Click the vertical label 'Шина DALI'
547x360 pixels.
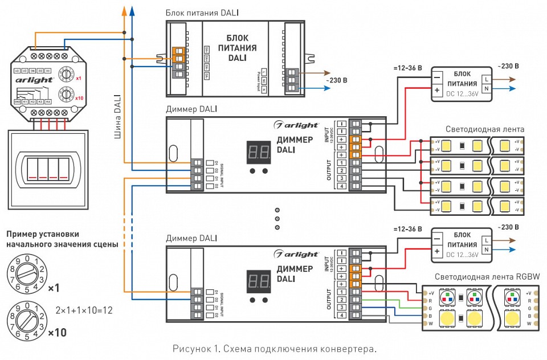point(117,117)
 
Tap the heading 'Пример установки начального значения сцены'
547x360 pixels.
point(62,239)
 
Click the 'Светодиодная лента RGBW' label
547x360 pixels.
point(487,277)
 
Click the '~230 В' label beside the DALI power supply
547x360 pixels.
point(336,80)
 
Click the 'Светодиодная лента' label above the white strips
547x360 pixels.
point(484,129)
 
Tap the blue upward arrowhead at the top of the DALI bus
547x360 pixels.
point(132,9)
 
